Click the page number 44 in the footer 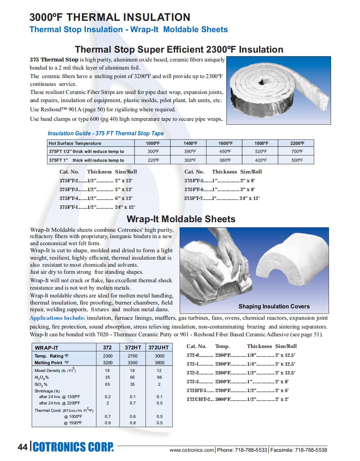(22, 447)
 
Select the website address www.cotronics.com (192, 450)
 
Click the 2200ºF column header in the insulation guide (297, 143)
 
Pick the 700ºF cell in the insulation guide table (297, 152)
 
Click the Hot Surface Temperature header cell (75, 143)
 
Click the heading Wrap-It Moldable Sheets (181, 219)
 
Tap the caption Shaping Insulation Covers (274, 307)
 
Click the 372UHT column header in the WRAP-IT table (158, 348)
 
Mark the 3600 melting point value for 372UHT (159, 362)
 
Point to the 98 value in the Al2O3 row (159, 377)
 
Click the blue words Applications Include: (57, 318)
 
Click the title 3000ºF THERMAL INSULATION (110, 17)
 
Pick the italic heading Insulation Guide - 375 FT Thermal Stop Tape (106, 133)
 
